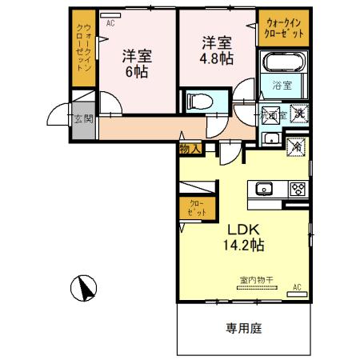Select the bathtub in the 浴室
click(x=283, y=63)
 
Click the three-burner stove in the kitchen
click(x=298, y=190)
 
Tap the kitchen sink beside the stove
click(x=265, y=190)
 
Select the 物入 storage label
click(x=190, y=148)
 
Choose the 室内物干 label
click(x=256, y=279)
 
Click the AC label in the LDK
click(x=297, y=286)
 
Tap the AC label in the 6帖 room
click(x=110, y=24)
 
